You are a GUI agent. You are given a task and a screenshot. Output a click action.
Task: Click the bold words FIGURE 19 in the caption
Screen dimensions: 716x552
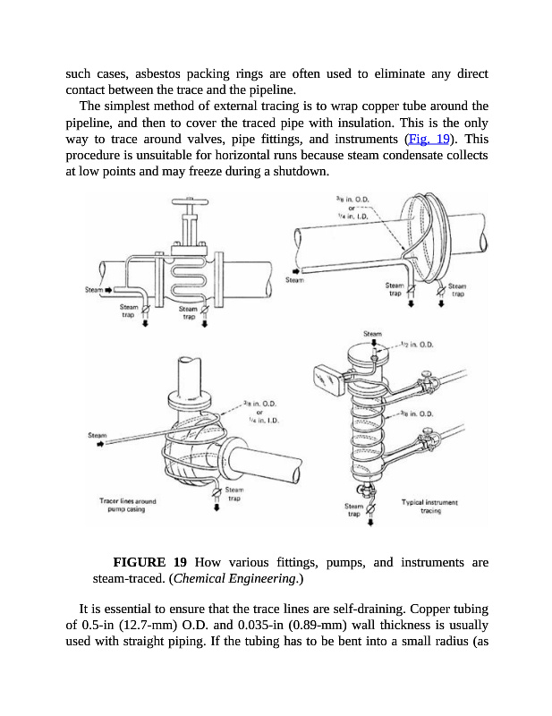click(x=149, y=562)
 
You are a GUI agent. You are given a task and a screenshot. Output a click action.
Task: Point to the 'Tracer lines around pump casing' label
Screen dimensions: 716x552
click(x=128, y=506)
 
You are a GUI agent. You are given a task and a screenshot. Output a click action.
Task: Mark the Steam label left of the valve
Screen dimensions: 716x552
click(x=94, y=290)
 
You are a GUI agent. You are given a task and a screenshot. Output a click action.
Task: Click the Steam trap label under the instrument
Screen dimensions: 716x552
click(x=354, y=511)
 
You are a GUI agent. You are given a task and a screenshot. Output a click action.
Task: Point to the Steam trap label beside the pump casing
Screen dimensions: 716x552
click(x=234, y=494)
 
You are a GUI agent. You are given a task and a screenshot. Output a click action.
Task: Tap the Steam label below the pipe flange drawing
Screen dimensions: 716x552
click(x=294, y=280)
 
